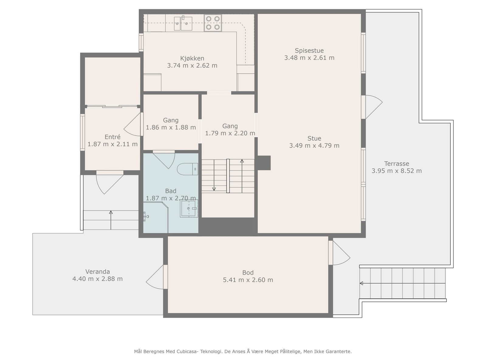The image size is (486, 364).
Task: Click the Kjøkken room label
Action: tap(192, 58)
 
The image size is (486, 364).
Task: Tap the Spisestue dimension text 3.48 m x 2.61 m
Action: tap(309, 58)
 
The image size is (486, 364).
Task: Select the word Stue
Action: tap(314, 138)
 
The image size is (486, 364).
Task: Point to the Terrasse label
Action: tap(397, 163)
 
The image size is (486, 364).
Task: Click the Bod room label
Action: tap(248, 272)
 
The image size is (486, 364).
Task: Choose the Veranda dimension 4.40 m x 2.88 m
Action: tap(98, 279)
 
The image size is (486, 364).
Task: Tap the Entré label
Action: tap(112, 137)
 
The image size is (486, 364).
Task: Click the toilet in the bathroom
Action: tap(187, 169)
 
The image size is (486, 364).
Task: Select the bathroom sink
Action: tap(189, 208)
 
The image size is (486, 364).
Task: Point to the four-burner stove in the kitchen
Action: tap(213, 23)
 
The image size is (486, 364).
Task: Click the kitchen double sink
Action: tap(183, 23)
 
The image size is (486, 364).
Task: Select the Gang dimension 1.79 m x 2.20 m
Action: tap(230, 133)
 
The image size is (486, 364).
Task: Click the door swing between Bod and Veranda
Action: tap(155, 277)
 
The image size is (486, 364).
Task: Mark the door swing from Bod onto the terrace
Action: tap(341, 253)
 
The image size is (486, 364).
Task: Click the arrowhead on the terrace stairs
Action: tap(361, 283)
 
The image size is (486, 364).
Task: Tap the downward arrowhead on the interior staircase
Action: tap(214, 189)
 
